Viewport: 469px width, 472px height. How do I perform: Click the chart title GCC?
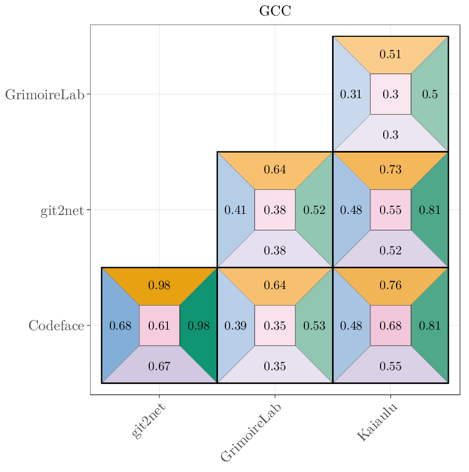tap(275, 11)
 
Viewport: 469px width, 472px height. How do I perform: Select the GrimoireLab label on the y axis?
tap(45, 95)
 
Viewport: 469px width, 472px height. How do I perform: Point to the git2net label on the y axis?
tap(62, 211)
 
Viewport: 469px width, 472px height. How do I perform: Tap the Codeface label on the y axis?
tap(56, 326)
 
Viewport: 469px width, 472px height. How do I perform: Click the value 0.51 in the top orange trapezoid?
tap(390, 54)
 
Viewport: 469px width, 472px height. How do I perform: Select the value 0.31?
tap(351, 95)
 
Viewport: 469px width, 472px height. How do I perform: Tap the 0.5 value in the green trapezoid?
tap(430, 95)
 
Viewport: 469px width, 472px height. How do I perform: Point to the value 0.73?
tap(390, 170)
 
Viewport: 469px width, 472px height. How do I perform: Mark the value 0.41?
tap(235, 210)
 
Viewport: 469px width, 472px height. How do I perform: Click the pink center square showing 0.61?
tap(159, 325)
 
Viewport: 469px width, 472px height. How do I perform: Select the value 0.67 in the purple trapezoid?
tap(159, 366)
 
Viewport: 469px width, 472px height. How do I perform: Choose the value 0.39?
tap(235, 326)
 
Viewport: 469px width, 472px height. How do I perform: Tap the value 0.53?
tap(314, 326)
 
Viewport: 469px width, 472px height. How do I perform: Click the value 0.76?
tap(390, 285)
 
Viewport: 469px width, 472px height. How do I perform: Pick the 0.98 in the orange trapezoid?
tap(159, 285)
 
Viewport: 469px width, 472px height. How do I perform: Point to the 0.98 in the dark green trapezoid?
tap(198, 326)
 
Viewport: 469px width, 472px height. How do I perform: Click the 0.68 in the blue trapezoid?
tap(120, 326)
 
